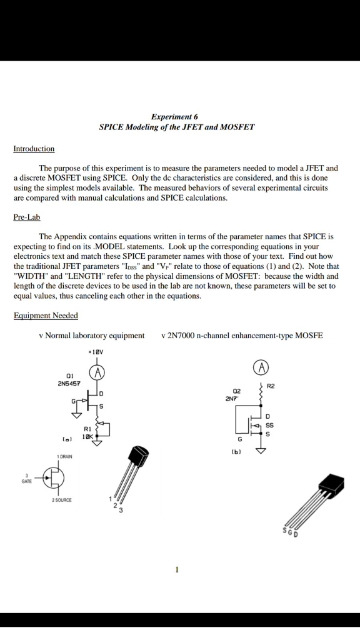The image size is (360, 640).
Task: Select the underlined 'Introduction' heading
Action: [34, 149]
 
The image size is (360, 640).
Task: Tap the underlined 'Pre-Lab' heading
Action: [27, 217]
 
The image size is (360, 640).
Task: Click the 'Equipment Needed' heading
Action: [46, 316]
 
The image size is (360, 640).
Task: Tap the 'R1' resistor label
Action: [87, 429]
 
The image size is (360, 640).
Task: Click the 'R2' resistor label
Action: [270, 386]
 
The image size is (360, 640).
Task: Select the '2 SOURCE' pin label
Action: [61, 500]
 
